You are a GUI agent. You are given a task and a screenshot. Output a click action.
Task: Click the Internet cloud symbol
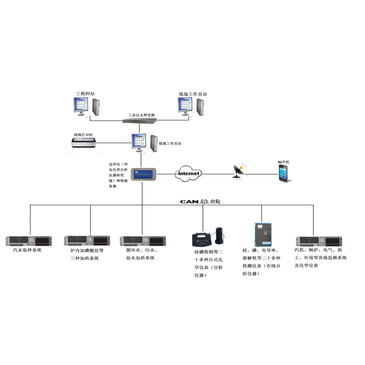[188, 173]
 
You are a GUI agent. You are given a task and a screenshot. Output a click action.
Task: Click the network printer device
[84, 143]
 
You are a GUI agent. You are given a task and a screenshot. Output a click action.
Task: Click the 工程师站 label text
[85, 94]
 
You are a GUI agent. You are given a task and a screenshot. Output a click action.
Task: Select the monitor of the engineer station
[81, 106]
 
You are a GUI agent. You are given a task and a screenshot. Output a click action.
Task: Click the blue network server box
[143, 174]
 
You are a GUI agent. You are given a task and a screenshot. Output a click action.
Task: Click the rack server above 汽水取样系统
[29, 241]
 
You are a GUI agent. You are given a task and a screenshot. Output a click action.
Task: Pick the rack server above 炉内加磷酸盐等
[87, 240]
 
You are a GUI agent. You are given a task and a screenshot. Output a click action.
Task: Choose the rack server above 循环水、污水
[143, 241]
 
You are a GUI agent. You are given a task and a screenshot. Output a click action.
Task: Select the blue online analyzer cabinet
[263, 235]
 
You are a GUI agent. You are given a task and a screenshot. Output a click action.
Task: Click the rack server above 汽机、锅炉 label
[318, 241]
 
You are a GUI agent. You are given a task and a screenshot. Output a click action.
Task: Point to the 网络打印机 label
[83, 135]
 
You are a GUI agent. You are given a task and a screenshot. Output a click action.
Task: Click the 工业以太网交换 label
[141, 115]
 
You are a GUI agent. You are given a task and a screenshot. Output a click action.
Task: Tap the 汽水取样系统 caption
[27, 250]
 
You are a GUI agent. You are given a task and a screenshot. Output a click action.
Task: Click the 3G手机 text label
[283, 162]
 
